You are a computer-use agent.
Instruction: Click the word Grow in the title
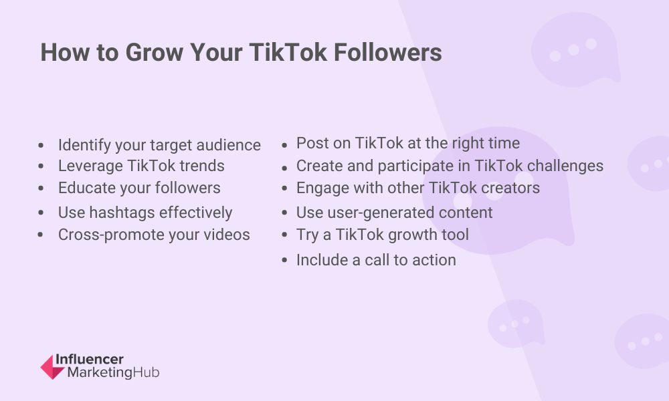point(154,52)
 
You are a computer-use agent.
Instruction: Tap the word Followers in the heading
point(388,52)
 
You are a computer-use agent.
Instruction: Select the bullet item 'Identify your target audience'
point(160,145)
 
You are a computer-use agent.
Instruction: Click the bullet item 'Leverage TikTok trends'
point(141,166)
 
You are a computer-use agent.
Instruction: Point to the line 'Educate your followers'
point(140,188)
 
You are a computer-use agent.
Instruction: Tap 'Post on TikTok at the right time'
point(408,143)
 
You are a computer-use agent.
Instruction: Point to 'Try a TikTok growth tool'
point(383,235)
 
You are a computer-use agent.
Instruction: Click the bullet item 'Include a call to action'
point(376,260)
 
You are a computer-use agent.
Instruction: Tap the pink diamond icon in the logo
point(52,367)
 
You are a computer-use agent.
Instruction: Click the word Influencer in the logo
point(90,360)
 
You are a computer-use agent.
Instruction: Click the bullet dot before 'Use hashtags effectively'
point(41,213)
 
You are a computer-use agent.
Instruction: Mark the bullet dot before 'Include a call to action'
point(285,261)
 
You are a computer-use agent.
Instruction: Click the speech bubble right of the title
point(575,49)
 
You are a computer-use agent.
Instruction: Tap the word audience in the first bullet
point(229,145)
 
